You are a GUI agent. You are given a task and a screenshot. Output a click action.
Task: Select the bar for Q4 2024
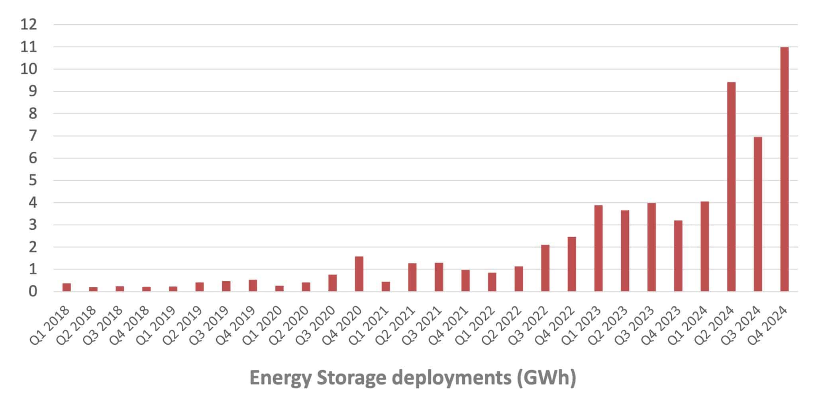coord(784,169)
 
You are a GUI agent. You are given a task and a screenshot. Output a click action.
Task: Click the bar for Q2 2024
coord(731,187)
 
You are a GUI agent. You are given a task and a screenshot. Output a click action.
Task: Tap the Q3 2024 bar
coord(758,214)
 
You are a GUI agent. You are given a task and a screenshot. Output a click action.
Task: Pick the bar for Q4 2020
coord(359,274)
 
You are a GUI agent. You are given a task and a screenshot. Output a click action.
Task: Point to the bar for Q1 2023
coord(598,248)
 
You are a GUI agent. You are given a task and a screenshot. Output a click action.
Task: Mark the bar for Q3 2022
coord(545,268)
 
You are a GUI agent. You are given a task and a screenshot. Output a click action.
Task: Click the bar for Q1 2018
coord(67,287)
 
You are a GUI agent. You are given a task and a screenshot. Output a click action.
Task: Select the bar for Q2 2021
coord(412,277)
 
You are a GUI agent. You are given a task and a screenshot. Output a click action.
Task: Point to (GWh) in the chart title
coord(546,377)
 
